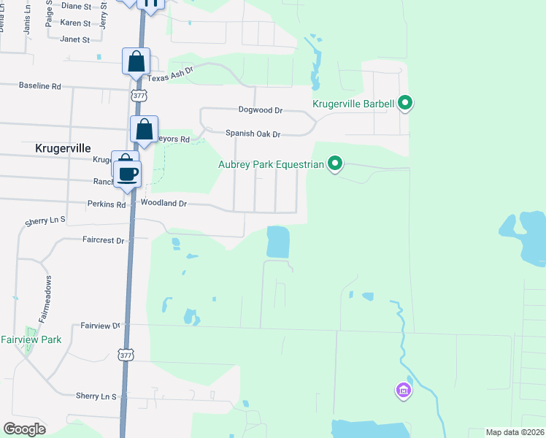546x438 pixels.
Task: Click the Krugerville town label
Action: click(x=63, y=147)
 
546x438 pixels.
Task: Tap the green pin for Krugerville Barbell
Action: click(x=405, y=104)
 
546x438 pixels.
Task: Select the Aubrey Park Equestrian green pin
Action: click(x=334, y=164)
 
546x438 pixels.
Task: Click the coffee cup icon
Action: click(x=128, y=174)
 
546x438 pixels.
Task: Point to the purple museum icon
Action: click(x=402, y=391)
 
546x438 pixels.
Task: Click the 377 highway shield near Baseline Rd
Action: click(x=139, y=96)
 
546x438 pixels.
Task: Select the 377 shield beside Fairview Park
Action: click(x=125, y=354)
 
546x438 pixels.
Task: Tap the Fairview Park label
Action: click(x=31, y=339)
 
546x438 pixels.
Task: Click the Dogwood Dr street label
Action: click(x=260, y=109)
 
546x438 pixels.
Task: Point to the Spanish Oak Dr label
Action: click(x=253, y=133)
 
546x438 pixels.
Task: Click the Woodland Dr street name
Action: click(x=164, y=204)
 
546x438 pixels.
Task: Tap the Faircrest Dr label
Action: click(x=104, y=239)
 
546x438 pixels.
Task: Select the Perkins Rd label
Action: click(x=107, y=204)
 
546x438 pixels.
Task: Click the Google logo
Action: click(x=25, y=429)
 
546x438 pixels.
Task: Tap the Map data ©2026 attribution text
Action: click(x=515, y=432)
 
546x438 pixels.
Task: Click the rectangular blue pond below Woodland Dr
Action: click(x=277, y=242)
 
